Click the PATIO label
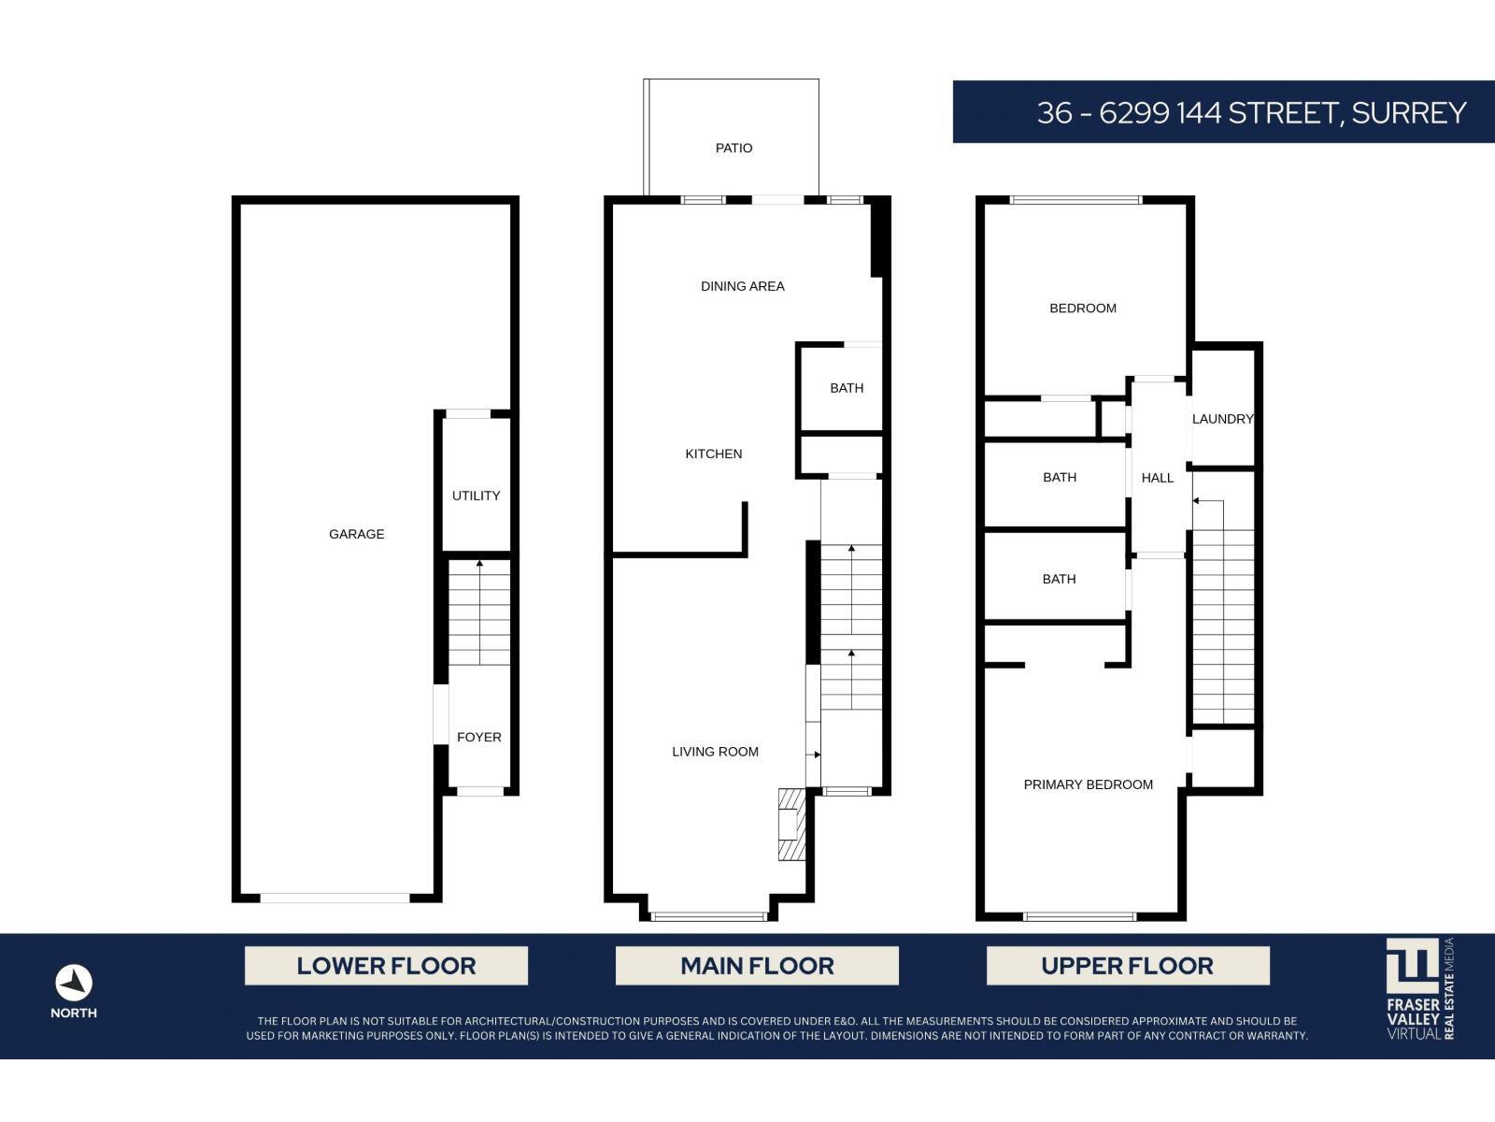pyautogui.click(x=733, y=148)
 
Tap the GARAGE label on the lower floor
pyautogui.click(x=356, y=534)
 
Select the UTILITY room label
pyautogui.click(x=476, y=496)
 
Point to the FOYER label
pyautogui.click(x=478, y=737)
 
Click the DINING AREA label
pyautogui.click(x=742, y=286)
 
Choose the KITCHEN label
pyautogui.click(x=713, y=453)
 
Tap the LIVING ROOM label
pyautogui.click(x=715, y=752)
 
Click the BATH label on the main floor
pyautogui.click(x=847, y=388)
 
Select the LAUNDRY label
pyautogui.click(x=1221, y=419)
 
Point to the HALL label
pyautogui.click(x=1157, y=478)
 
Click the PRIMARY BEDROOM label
pyautogui.click(x=1088, y=784)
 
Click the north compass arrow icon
pyautogui.click(x=73, y=983)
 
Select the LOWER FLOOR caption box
pyautogui.click(x=386, y=966)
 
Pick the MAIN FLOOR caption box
pyautogui.click(x=757, y=966)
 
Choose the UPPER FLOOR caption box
pyautogui.click(x=1127, y=966)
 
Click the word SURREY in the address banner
pyautogui.click(x=1408, y=113)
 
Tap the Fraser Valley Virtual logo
pyautogui.click(x=1419, y=988)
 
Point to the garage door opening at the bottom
pyautogui.click(x=335, y=899)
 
